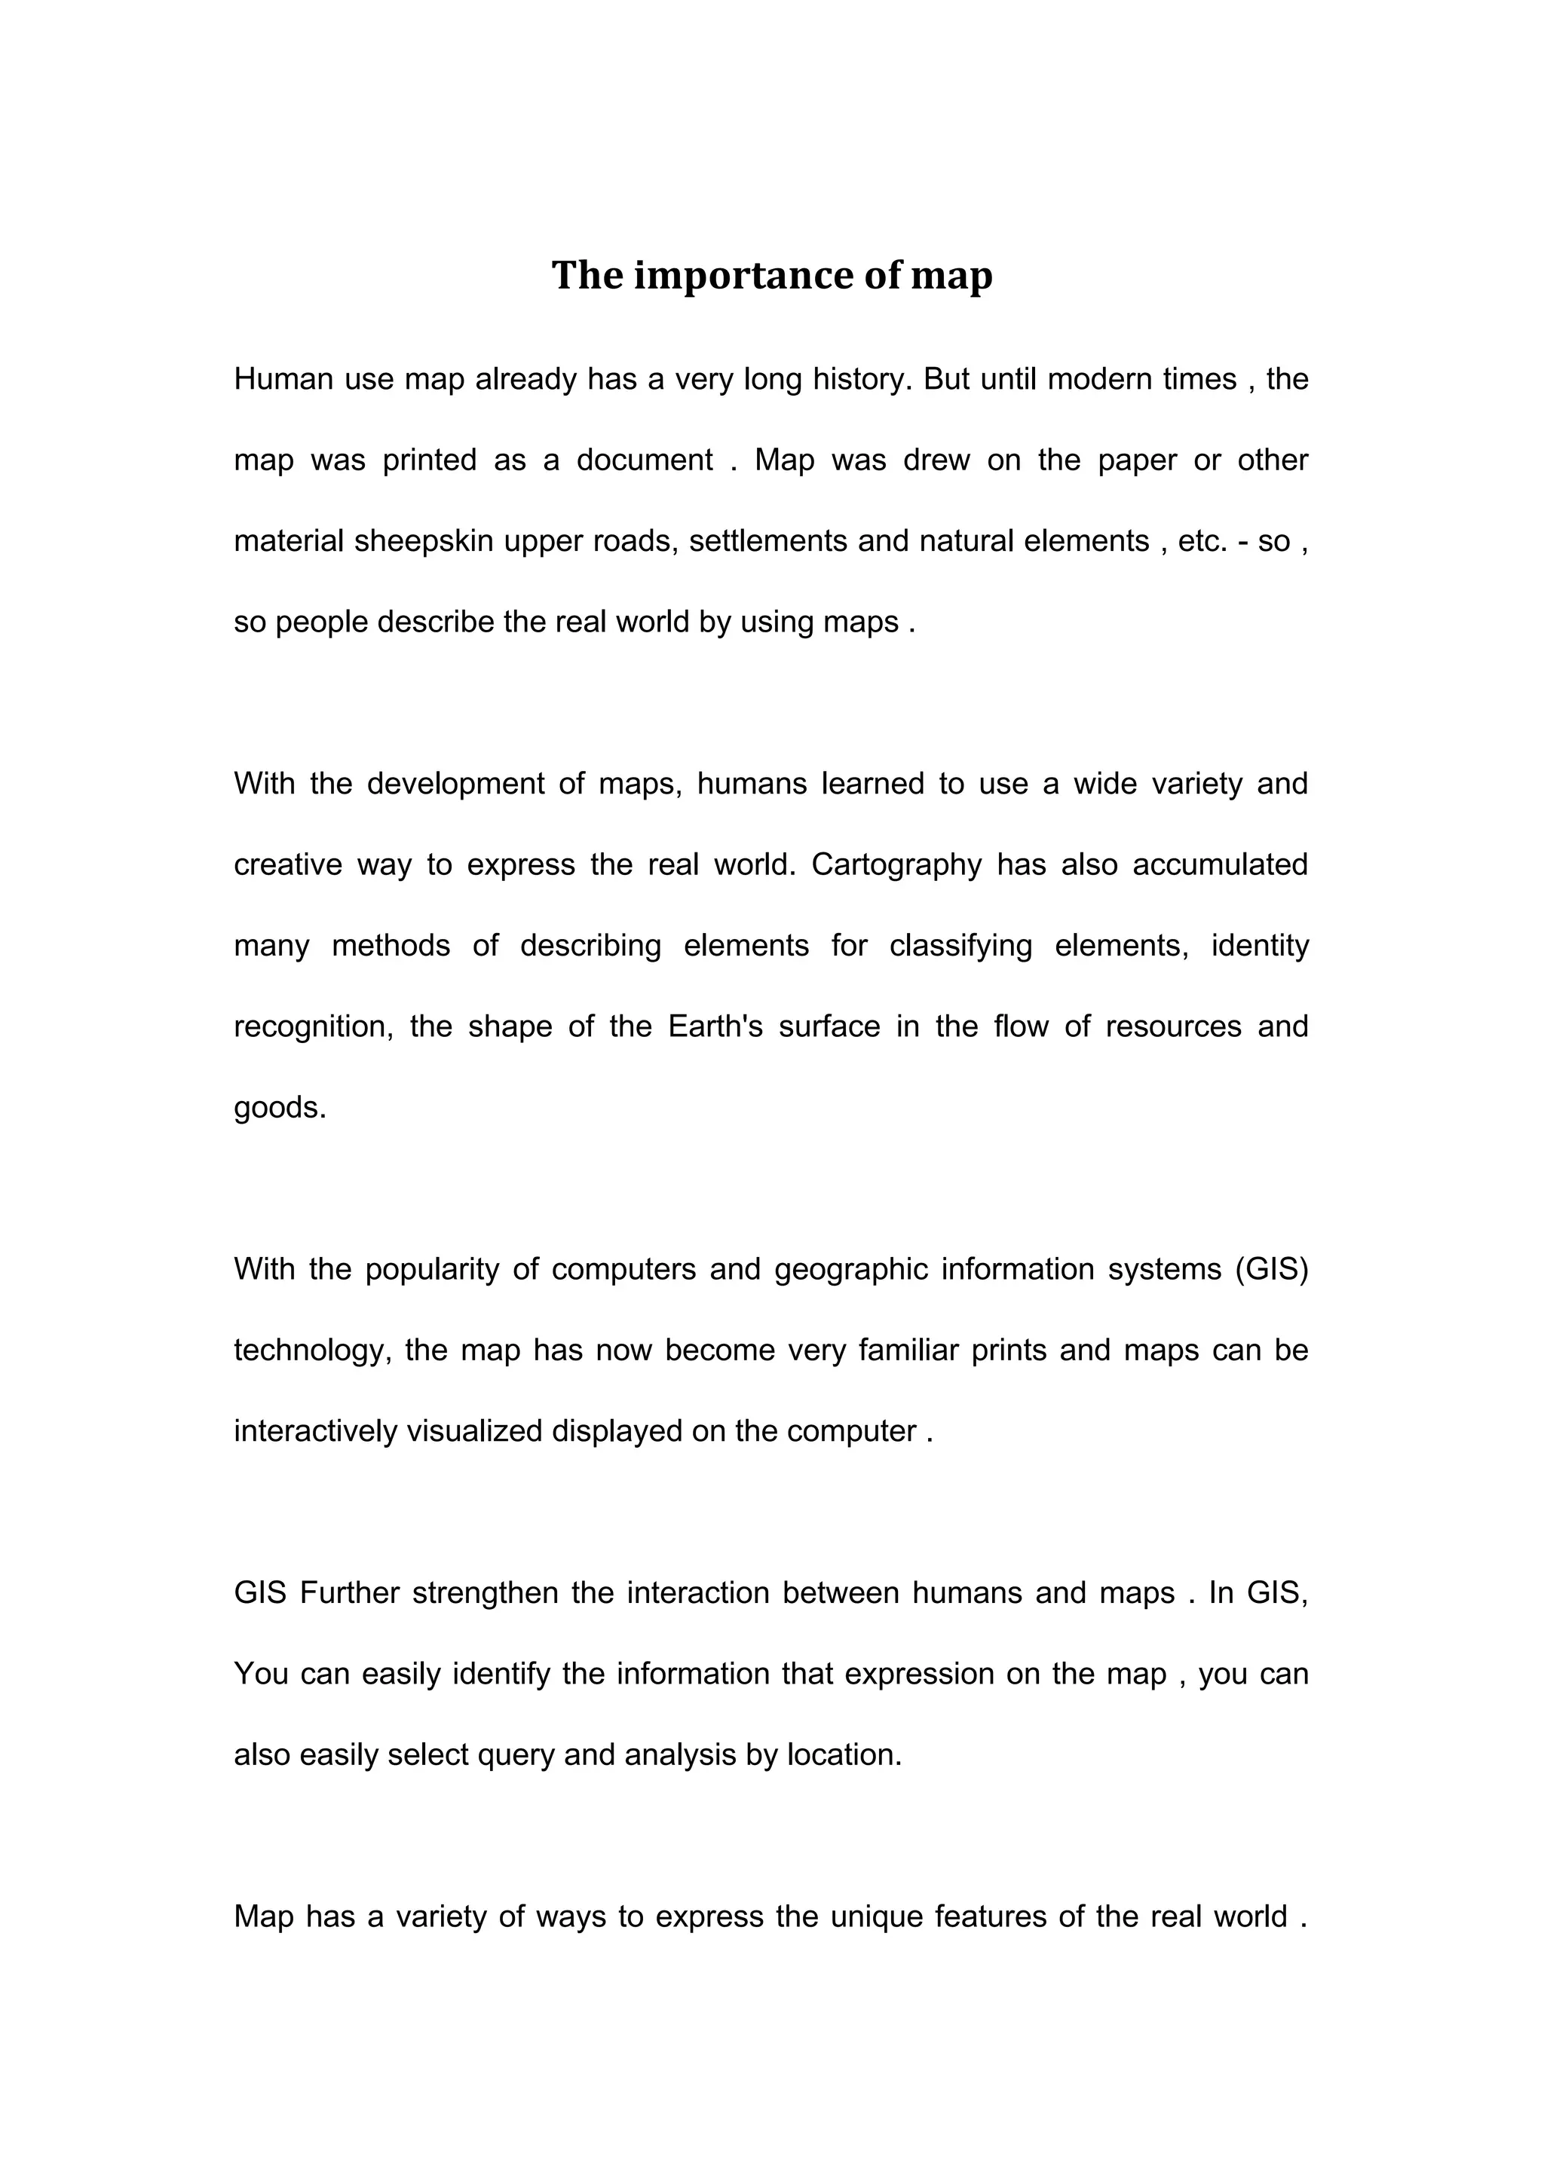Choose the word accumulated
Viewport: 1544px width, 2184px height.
click(1220, 864)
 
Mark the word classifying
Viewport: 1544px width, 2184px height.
click(960, 946)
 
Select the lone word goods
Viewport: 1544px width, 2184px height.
click(280, 1107)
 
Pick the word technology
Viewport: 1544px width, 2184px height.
click(313, 1350)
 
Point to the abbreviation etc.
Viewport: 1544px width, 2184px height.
click(1202, 541)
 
